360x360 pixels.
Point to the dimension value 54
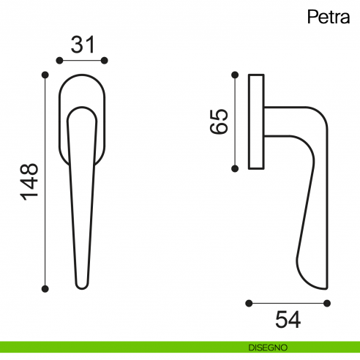coord(288,319)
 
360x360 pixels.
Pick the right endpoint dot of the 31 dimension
coord(105,60)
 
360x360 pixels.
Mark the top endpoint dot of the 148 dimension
coord(46,74)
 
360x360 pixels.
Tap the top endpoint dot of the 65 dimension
coord(235,74)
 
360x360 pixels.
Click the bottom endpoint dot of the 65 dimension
coord(235,168)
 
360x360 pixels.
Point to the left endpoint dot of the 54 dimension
coord(250,302)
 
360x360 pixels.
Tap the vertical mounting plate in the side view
coord(256,121)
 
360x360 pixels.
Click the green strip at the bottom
coord(110,347)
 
